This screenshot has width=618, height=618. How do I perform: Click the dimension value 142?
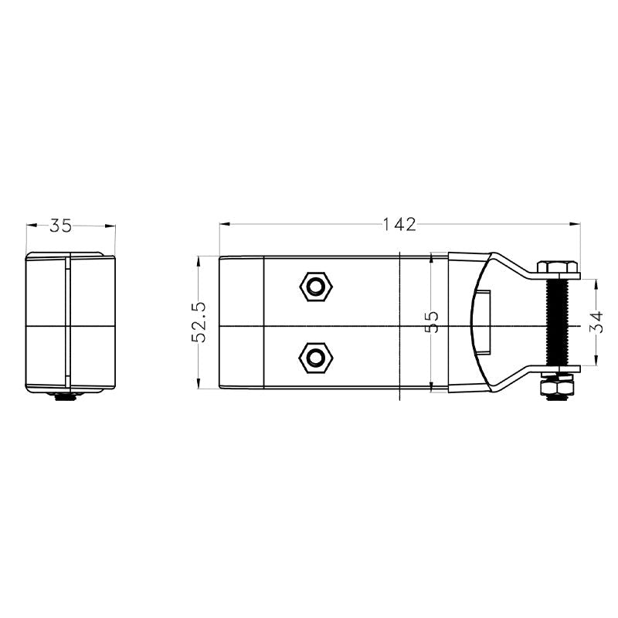point(399,225)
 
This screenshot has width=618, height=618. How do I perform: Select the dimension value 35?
point(61,226)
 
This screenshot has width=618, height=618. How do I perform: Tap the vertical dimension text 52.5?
point(200,322)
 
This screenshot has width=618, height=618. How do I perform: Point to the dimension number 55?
point(433,322)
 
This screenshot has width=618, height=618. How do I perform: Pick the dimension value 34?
point(596,322)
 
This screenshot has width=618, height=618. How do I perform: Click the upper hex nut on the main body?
point(315,287)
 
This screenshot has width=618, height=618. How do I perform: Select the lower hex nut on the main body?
point(315,358)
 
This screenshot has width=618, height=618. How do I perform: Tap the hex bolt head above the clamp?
point(557,268)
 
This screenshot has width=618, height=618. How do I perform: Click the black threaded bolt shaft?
point(557,323)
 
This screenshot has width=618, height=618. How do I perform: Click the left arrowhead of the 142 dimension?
point(223,225)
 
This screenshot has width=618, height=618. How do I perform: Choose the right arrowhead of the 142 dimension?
point(576,225)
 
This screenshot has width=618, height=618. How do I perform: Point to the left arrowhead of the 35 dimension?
point(30,226)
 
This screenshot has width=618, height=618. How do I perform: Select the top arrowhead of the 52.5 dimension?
point(200,260)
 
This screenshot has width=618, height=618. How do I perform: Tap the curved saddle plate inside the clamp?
point(477,323)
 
